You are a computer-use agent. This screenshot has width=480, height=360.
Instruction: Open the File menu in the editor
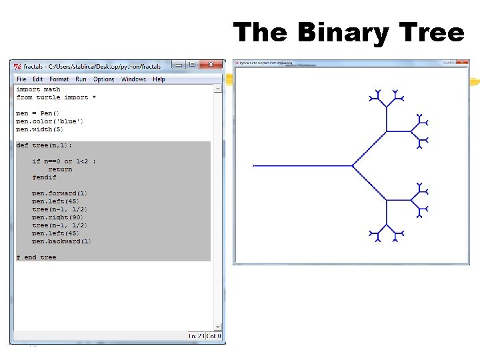[x=21, y=79]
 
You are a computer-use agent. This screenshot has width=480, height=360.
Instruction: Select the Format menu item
[x=59, y=79]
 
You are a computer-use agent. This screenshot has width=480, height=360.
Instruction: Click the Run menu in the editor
[x=81, y=79]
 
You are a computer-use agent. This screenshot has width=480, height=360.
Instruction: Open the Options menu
[x=103, y=79]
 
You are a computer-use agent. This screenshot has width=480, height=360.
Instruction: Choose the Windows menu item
[x=133, y=79]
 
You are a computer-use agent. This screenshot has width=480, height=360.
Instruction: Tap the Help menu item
[x=159, y=79]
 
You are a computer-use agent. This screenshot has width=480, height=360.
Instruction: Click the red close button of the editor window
[x=211, y=64]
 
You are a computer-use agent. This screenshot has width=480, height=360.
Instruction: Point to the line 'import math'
[x=38, y=89]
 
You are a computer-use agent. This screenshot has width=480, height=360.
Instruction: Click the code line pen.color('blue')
[x=50, y=121]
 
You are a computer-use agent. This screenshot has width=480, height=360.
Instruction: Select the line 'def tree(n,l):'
[x=44, y=145]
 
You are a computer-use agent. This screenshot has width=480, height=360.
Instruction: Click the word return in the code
[x=60, y=169]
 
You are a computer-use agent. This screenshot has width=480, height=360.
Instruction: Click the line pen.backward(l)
[x=62, y=241]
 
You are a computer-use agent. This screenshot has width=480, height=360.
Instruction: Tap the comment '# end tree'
[x=37, y=257]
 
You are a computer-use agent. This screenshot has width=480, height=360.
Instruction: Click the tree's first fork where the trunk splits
[x=353, y=165]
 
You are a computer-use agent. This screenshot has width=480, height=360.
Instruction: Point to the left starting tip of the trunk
[x=254, y=165]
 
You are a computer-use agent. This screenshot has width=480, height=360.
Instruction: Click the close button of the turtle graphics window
[x=461, y=63]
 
